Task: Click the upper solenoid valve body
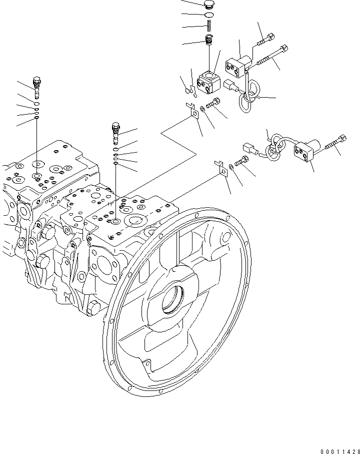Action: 237,66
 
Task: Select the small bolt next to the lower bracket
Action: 241,161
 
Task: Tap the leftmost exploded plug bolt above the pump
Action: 36,87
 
